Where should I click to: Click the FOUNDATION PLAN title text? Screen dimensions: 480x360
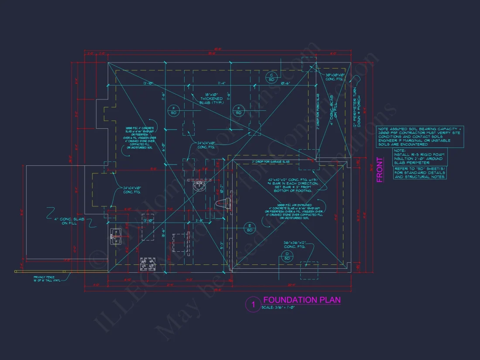(x=302, y=300)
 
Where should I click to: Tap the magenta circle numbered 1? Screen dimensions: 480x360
(x=253, y=304)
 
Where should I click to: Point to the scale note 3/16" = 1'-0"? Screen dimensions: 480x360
(x=278, y=308)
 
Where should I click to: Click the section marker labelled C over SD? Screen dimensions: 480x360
(x=271, y=78)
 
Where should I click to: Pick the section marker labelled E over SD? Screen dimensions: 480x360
(x=250, y=227)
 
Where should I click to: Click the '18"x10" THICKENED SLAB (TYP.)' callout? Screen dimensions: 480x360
(x=212, y=99)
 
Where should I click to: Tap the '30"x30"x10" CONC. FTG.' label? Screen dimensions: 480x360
(x=335, y=77)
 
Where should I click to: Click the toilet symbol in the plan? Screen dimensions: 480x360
(x=223, y=202)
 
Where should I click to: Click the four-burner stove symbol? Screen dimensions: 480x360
(x=148, y=264)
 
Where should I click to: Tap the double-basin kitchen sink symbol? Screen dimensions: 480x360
(x=117, y=236)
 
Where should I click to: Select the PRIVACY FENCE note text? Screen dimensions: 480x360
(x=47, y=279)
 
